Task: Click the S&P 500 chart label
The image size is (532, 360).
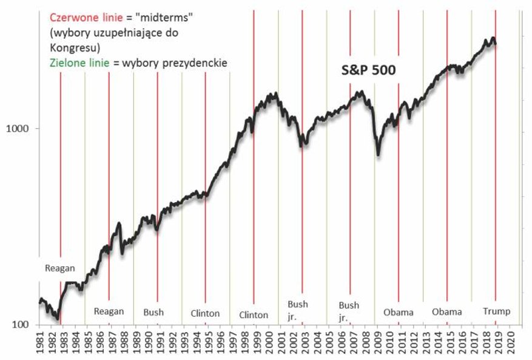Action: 367,71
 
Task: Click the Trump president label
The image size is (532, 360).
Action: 496,312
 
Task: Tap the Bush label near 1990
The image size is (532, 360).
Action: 153,313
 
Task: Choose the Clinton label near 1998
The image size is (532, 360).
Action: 254,315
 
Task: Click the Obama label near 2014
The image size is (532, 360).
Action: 447,313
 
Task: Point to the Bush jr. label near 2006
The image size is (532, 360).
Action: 349,311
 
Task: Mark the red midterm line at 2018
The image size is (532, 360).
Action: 496,182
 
